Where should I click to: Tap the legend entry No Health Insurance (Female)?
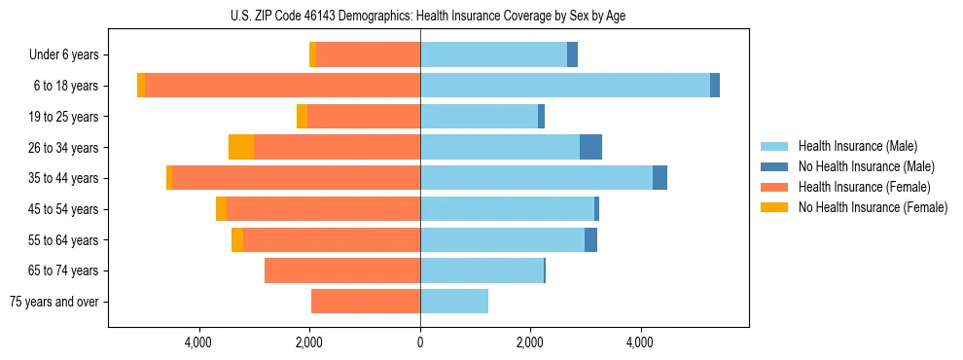click(x=872, y=207)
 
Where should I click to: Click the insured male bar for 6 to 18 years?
click(x=564, y=86)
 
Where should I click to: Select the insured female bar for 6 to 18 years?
click(x=282, y=86)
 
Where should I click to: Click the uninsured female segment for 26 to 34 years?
click(x=241, y=147)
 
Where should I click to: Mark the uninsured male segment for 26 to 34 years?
click(x=590, y=147)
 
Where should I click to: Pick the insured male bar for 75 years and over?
click(x=454, y=302)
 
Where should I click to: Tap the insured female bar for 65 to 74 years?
click(x=342, y=270)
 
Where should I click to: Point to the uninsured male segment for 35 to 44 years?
click(x=660, y=178)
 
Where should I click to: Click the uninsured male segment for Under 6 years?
click(x=572, y=54)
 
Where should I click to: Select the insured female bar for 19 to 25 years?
click(x=364, y=117)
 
